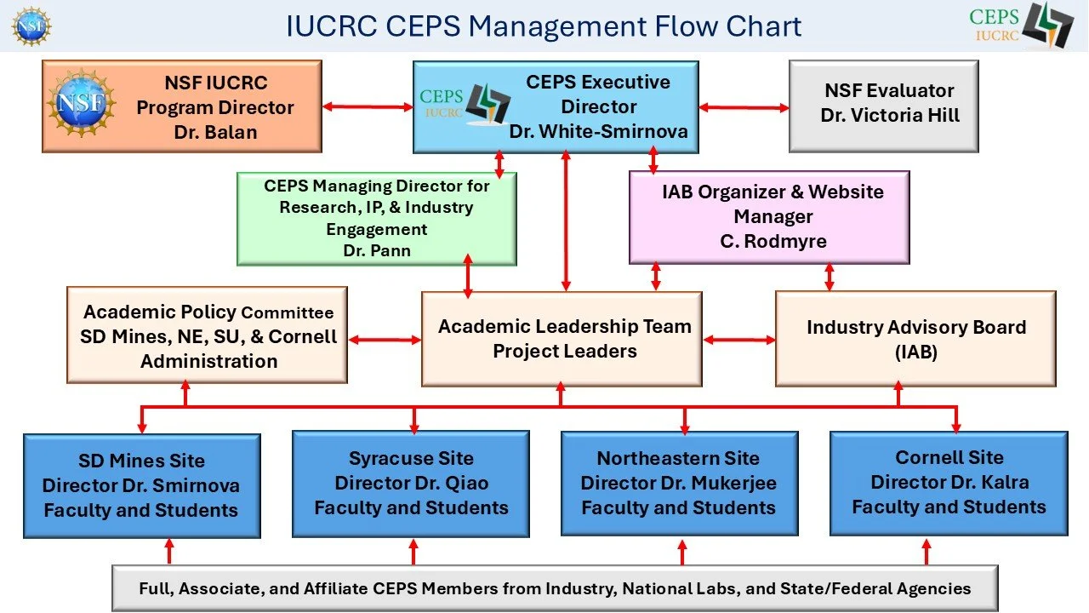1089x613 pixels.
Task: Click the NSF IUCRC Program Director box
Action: [x=182, y=106]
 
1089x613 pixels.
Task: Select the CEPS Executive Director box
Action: [x=556, y=106]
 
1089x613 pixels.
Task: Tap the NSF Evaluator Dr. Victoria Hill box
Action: [x=884, y=106]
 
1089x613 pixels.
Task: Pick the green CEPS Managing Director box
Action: [x=376, y=219]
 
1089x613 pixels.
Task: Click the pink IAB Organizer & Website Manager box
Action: [x=769, y=217]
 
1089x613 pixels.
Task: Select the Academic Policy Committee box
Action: [x=207, y=335]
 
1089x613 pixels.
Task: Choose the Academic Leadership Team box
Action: [x=562, y=339]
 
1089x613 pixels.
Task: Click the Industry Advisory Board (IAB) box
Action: [x=915, y=339]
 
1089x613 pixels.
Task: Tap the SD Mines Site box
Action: [x=141, y=486]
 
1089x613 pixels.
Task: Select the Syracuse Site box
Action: [x=411, y=484]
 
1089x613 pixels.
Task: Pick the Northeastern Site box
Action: [x=679, y=484]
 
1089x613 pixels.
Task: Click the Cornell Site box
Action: [x=949, y=482]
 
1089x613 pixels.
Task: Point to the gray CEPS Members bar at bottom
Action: [x=555, y=588]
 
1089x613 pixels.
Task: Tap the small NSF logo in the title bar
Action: [x=31, y=26]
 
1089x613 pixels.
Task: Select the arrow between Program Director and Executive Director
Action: [x=368, y=106]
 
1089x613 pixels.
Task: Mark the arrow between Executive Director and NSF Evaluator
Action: [x=744, y=107]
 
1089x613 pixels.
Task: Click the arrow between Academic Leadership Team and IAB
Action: [x=738, y=340]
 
